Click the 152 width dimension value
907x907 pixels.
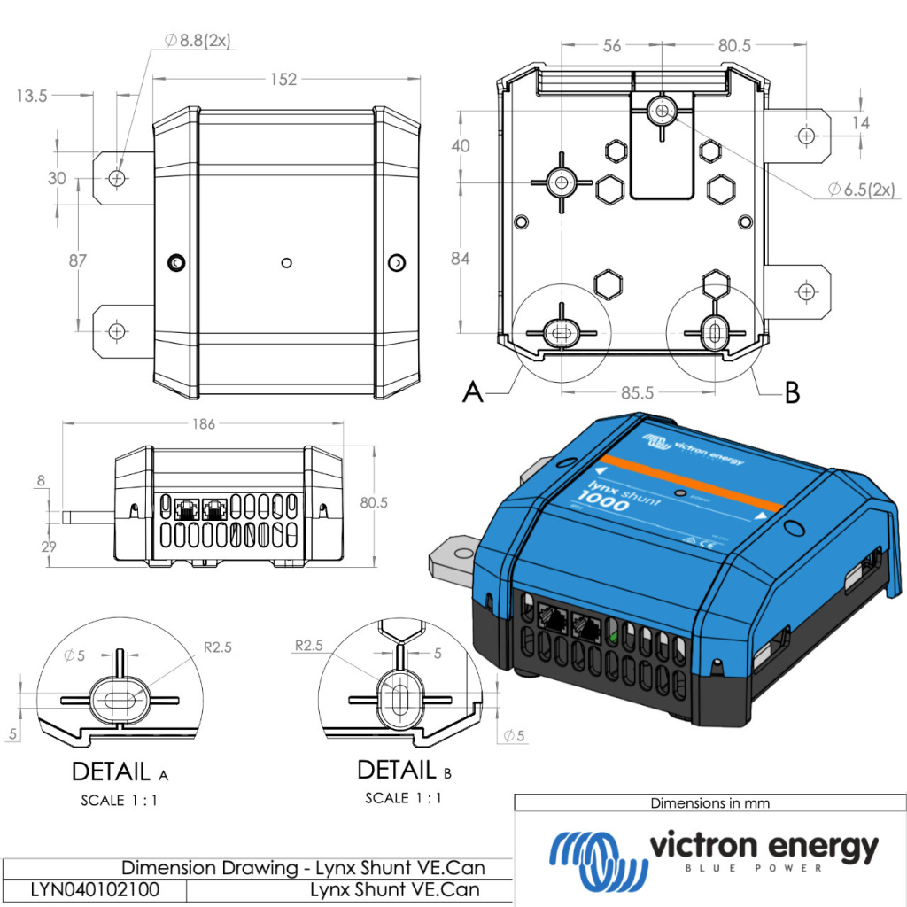tap(283, 80)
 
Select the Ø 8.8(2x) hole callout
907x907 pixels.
tap(198, 40)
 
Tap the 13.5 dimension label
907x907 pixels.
tap(30, 96)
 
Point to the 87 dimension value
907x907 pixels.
tap(78, 260)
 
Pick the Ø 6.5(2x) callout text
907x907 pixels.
tap(861, 189)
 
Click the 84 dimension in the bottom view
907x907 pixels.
tap(461, 259)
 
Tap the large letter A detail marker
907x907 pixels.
tap(474, 391)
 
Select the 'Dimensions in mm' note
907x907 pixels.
tap(709, 803)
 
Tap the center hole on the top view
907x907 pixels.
tap(285, 262)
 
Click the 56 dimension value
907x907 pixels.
tap(612, 47)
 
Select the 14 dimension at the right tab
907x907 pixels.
tap(860, 123)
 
